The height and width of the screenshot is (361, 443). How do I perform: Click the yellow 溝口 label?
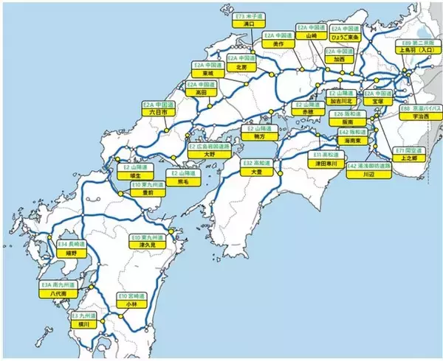tap(248, 24)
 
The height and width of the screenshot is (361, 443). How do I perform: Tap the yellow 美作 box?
tap(278, 43)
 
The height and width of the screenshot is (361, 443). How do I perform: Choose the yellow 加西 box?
tap(339, 59)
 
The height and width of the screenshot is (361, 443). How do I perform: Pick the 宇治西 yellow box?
tap(419, 116)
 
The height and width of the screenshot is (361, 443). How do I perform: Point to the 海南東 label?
tap(354, 139)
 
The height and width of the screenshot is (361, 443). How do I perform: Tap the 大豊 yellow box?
tap(257, 171)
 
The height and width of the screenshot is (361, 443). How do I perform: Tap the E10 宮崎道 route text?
tap(132, 295)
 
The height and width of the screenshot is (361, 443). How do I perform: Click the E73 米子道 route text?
tap(248, 15)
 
